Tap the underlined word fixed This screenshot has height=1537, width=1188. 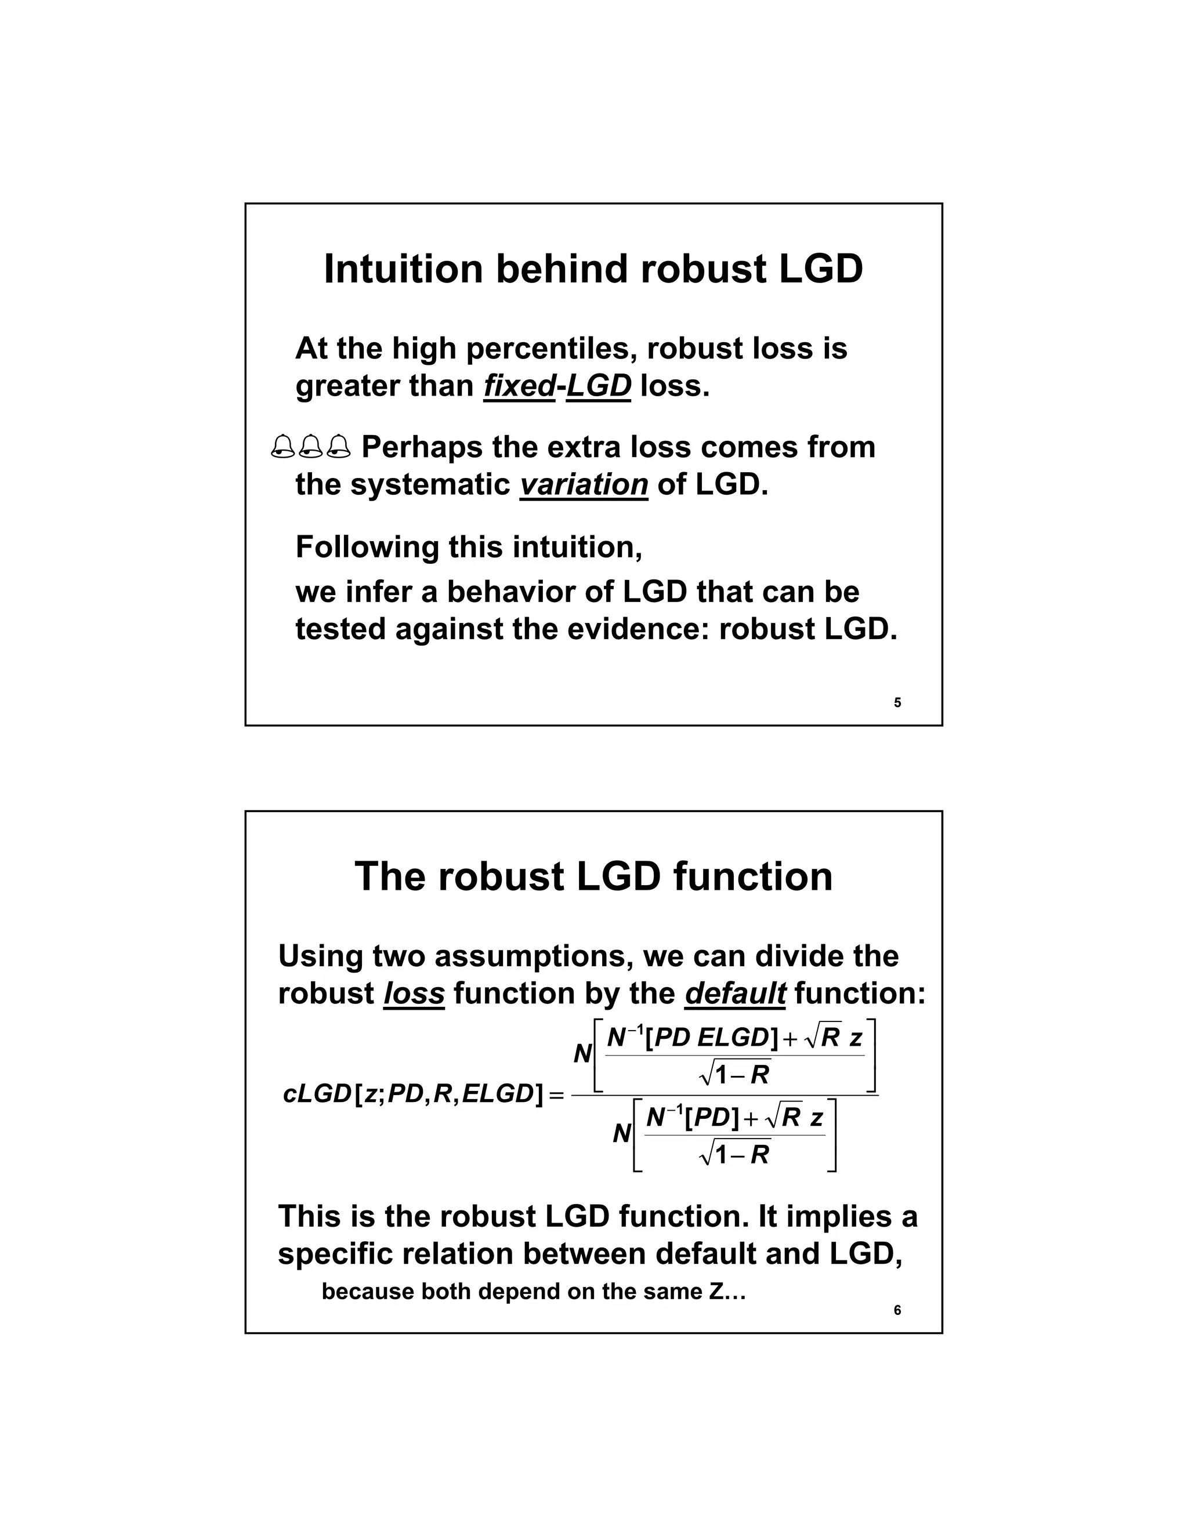pos(519,386)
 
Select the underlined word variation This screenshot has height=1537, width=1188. pos(584,484)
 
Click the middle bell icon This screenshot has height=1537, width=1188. pos(310,447)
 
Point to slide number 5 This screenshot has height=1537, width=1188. pos(897,702)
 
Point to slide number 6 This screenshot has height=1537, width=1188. pos(897,1310)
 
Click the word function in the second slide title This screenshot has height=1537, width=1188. pos(752,876)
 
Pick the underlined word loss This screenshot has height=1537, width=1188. pos(414,993)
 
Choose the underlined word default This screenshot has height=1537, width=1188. pos(735,993)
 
